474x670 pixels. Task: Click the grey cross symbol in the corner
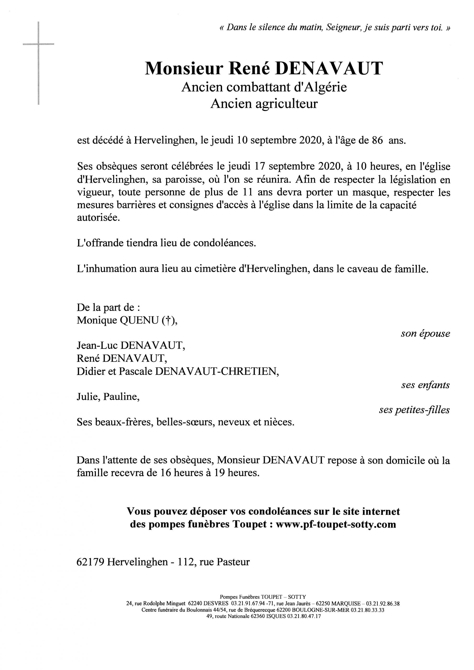point(38,45)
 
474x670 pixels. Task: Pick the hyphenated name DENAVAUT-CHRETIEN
point(216,371)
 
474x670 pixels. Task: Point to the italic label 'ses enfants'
point(425,385)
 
